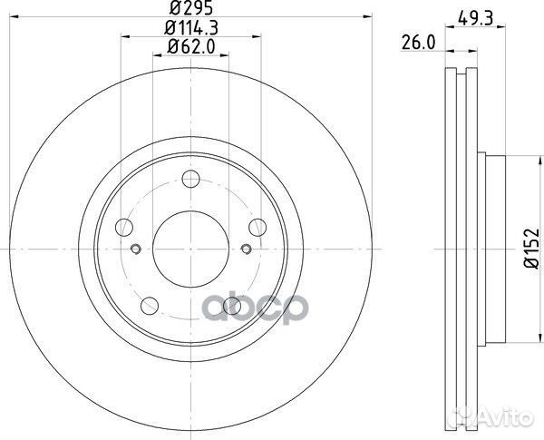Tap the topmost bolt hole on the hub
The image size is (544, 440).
tap(189, 179)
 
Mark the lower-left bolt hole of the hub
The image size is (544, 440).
tap(149, 305)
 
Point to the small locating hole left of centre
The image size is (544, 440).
tap(136, 249)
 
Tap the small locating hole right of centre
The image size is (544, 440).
tap(244, 249)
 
